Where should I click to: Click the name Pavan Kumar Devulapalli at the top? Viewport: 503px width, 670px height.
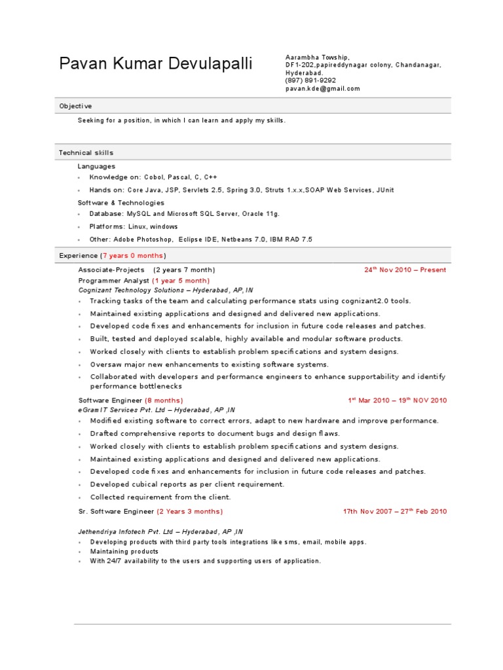click(155, 63)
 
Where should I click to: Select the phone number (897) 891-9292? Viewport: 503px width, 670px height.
click(310, 80)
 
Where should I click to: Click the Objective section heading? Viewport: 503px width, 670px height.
click(76, 106)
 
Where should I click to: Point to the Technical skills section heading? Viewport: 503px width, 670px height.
click(86, 152)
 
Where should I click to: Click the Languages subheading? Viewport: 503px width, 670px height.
click(96, 166)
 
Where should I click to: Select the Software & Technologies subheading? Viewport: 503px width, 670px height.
click(121, 203)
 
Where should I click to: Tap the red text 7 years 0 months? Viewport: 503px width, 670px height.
click(133, 255)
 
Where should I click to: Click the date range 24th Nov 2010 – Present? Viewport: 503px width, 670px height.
click(405, 270)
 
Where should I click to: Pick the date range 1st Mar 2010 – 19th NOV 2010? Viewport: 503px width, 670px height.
click(397, 400)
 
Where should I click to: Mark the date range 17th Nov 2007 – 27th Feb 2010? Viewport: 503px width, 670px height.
click(395, 511)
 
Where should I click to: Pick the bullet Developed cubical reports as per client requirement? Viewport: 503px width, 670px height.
click(187, 484)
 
